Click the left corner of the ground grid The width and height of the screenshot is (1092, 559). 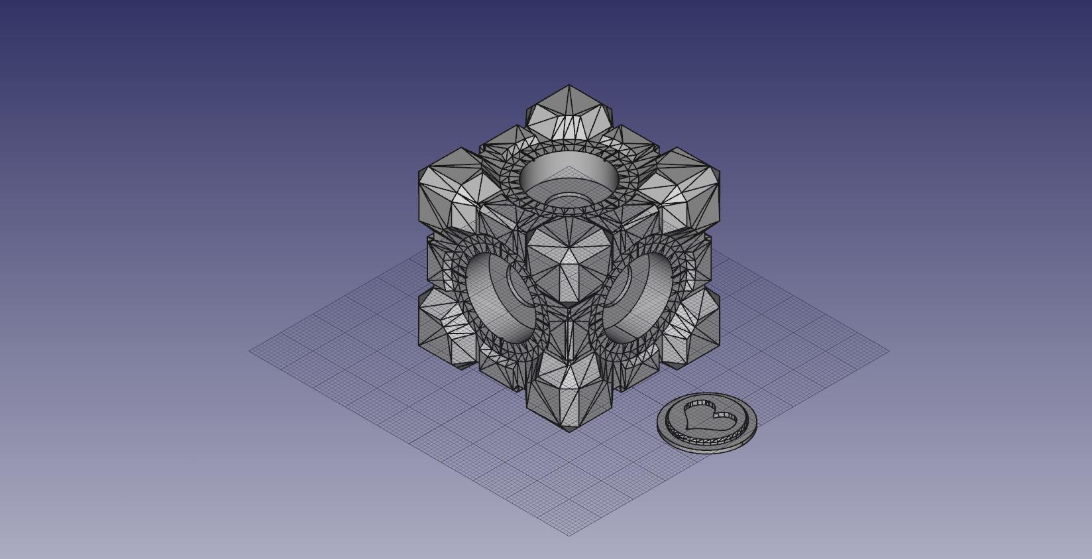[x=250, y=351]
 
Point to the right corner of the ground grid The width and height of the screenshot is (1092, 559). [x=888, y=351]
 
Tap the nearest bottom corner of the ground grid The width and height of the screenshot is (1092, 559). [x=569, y=534]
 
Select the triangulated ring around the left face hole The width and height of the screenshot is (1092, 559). [x=457, y=265]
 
